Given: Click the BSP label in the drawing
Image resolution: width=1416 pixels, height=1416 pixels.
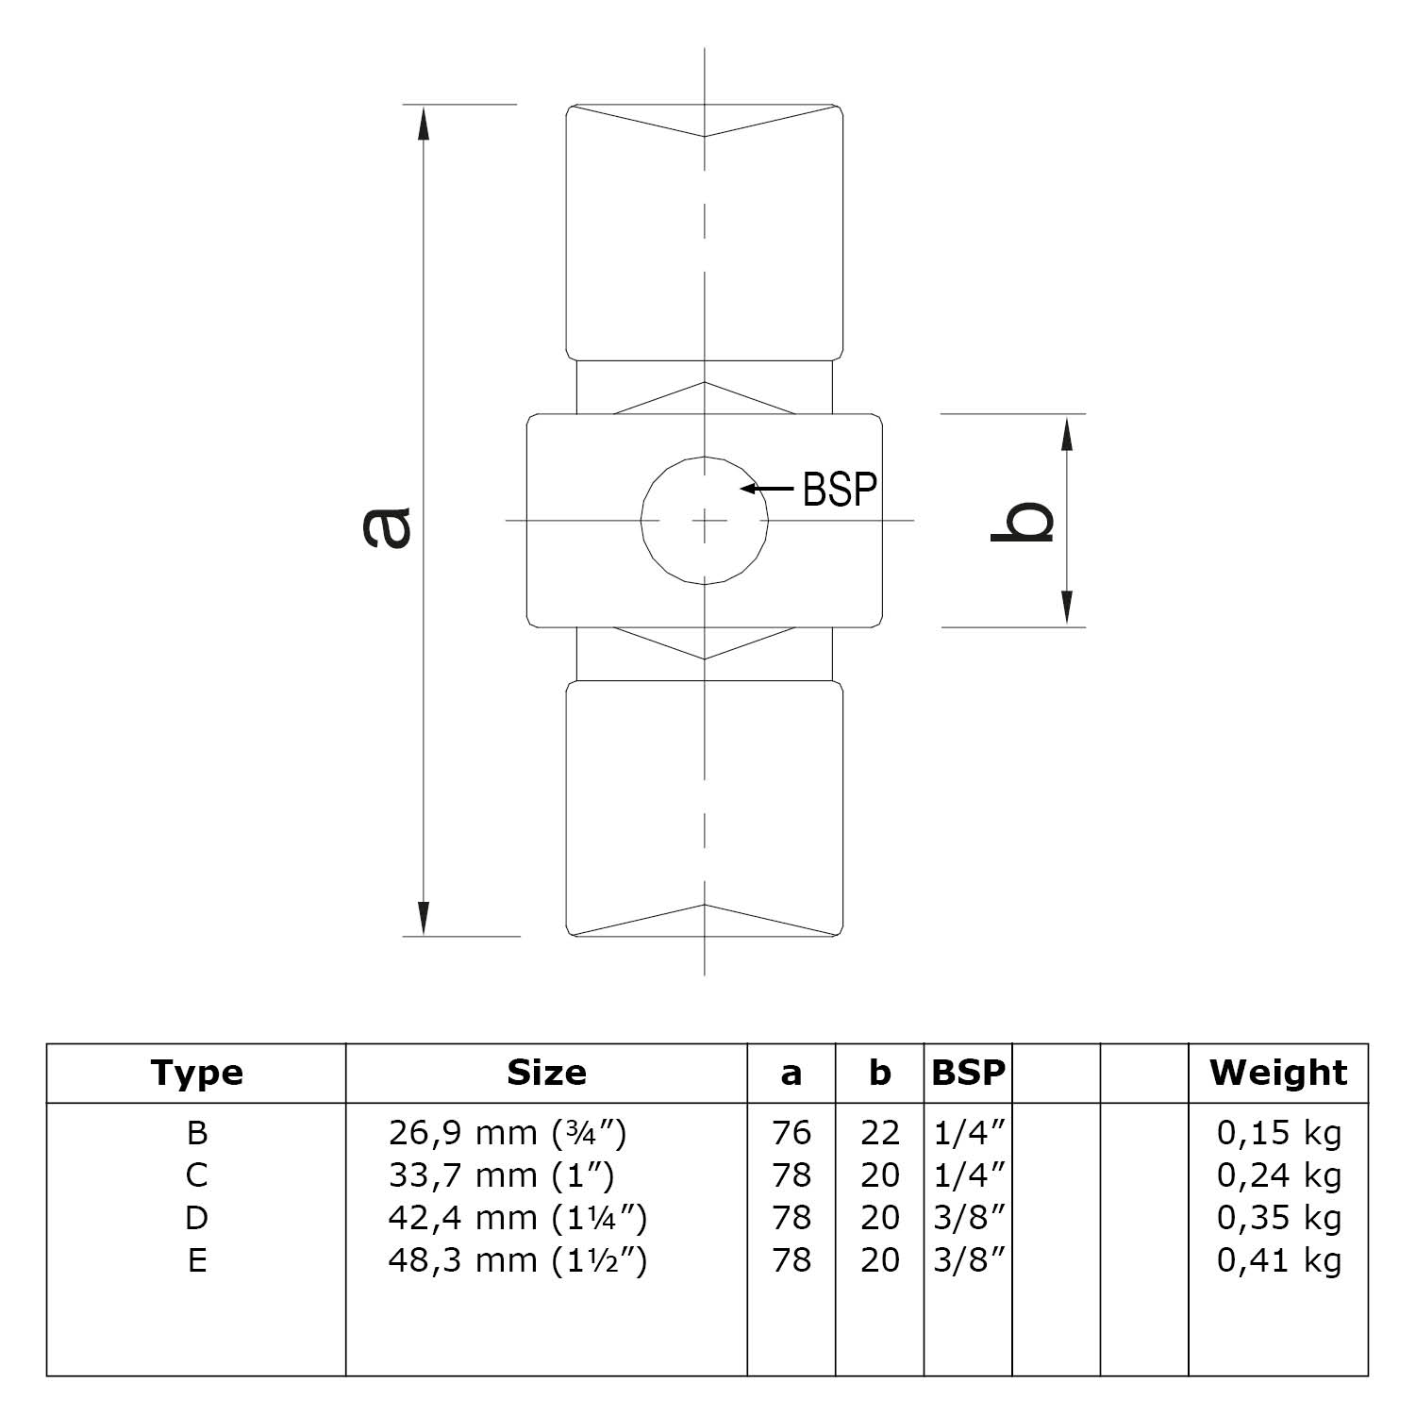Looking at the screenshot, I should [x=840, y=489].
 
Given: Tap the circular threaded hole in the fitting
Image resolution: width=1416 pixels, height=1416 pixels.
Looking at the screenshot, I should [x=705, y=520].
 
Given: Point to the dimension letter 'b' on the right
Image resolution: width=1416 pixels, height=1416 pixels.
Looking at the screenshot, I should [x=1022, y=521].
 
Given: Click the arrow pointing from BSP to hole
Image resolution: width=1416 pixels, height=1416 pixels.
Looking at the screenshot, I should [x=766, y=489].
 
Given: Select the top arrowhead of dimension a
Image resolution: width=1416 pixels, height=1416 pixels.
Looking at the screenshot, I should [x=424, y=124].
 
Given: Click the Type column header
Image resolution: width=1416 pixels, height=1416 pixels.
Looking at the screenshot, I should [x=196, y=1073].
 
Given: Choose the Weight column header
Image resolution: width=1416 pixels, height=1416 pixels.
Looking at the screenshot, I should [x=1278, y=1073].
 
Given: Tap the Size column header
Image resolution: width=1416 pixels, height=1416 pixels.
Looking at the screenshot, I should [x=546, y=1073].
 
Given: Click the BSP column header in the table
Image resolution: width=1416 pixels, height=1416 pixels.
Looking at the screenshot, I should [x=968, y=1073].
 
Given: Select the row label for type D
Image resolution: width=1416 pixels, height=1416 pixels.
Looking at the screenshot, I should [x=196, y=1218].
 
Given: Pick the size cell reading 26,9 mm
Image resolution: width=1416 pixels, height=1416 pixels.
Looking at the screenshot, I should [x=508, y=1132].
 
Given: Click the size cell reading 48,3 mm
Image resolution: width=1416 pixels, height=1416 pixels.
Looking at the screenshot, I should [x=517, y=1260].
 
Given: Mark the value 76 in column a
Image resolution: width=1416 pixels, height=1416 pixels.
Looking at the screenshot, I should [x=791, y=1132].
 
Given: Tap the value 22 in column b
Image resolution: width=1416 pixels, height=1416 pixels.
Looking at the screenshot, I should [x=879, y=1132].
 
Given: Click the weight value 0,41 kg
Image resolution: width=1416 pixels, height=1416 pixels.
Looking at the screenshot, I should [x=1278, y=1260].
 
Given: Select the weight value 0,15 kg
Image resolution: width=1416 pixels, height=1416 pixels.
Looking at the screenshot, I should [x=1278, y=1132].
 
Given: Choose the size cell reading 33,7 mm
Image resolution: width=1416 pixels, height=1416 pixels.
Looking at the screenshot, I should [x=501, y=1175].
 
